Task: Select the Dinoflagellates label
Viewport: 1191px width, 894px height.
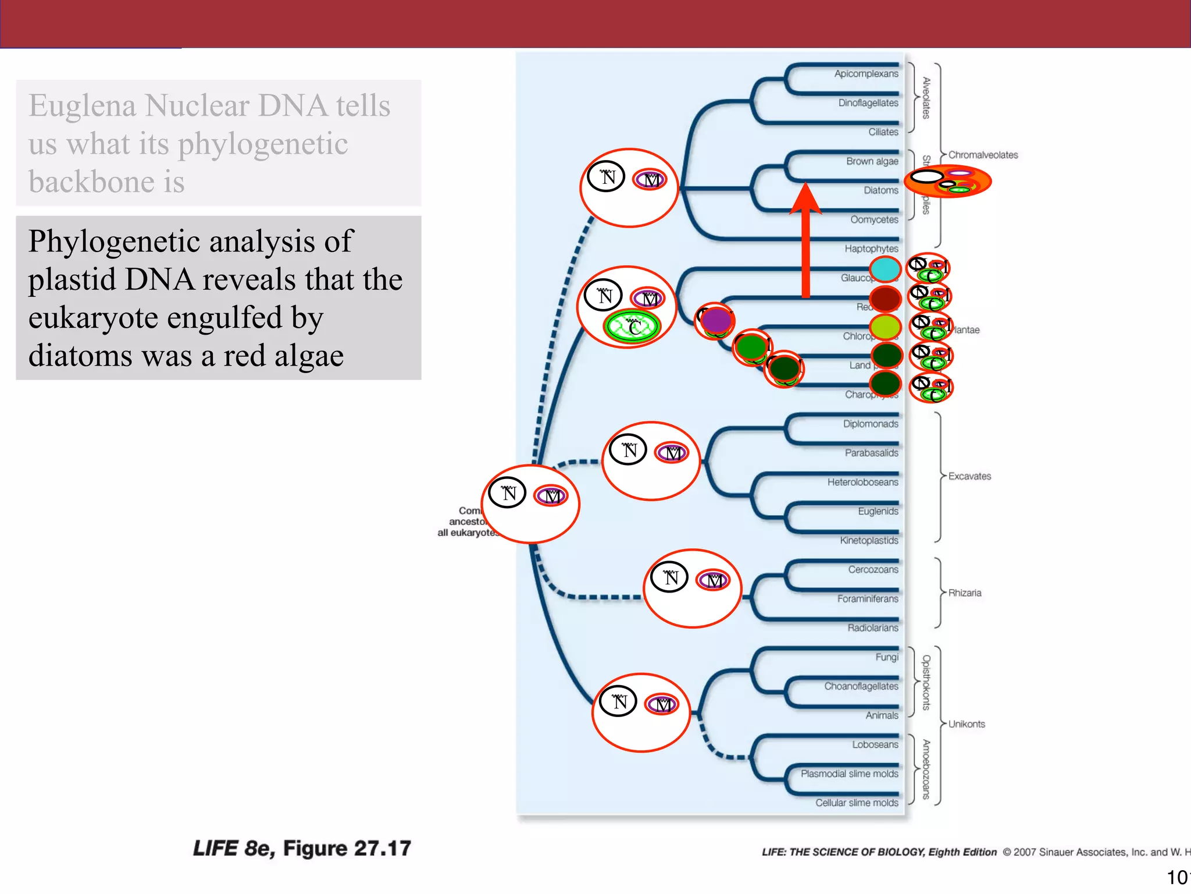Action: (x=868, y=103)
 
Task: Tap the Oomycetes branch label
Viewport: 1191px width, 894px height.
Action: (x=873, y=219)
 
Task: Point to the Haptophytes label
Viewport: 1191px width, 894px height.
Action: (x=871, y=249)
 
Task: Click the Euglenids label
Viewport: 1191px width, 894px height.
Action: (x=878, y=511)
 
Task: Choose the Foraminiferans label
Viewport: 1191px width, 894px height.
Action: (x=867, y=598)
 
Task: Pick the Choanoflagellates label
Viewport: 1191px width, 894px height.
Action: (x=861, y=686)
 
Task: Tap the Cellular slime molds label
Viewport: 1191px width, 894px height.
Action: (x=856, y=803)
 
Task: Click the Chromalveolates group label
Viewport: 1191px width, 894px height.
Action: (x=983, y=155)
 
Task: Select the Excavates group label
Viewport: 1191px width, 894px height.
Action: (x=969, y=476)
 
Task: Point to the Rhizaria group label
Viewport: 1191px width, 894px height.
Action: (x=964, y=593)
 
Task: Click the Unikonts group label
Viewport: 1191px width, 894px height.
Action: (x=967, y=724)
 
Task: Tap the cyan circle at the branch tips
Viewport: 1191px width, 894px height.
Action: (x=885, y=269)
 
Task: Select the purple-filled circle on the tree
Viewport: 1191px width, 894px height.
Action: (x=716, y=320)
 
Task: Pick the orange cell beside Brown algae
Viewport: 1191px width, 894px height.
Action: (x=948, y=182)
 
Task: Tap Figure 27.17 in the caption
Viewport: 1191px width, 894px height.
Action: (x=347, y=848)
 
